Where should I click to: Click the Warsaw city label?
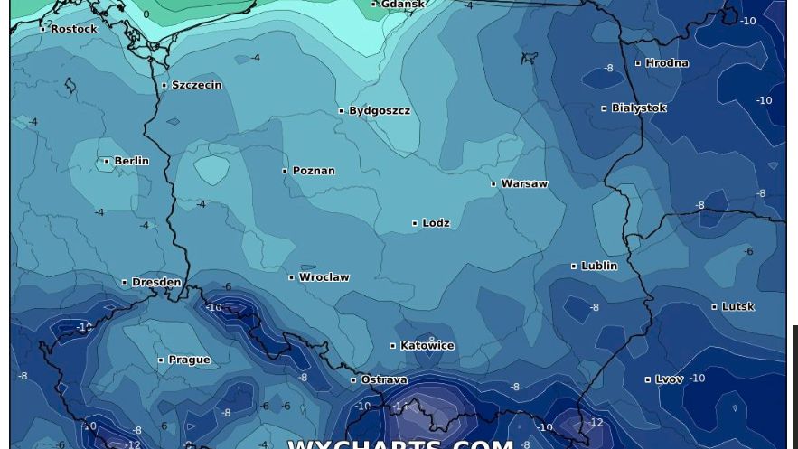click(x=524, y=183)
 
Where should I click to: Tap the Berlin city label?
click(x=131, y=161)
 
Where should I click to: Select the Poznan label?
click(x=314, y=171)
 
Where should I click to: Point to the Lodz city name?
click(x=436, y=223)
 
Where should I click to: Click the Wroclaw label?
click(x=324, y=277)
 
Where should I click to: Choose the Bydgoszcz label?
click(x=380, y=111)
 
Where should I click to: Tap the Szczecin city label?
click(x=196, y=85)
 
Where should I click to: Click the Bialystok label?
click(x=638, y=108)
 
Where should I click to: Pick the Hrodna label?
click(x=667, y=63)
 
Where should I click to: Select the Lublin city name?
click(x=599, y=267)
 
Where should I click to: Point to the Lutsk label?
click(x=737, y=307)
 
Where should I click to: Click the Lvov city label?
click(x=669, y=379)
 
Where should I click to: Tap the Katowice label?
click(x=427, y=346)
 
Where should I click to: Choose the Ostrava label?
click(x=384, y=380)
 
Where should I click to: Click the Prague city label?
click(x=189, y=360)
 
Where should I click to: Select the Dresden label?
click(x=156, y=283)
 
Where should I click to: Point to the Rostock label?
click(x=73, y=29)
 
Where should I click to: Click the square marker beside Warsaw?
click(x=493, y=184)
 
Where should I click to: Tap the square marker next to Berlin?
click(x=107, y=162)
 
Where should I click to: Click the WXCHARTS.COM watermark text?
click(x=400, y=443)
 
